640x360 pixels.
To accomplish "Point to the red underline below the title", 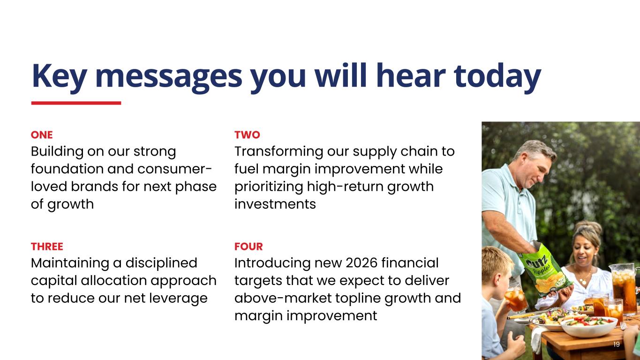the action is point(76,103).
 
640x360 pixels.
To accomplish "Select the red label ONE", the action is point(42,135).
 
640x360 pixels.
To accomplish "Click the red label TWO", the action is point(247,135).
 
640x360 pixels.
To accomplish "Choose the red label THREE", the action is point(47,246).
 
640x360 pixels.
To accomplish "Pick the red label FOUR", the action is point(248,246).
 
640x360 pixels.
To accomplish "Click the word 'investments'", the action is point(275,204).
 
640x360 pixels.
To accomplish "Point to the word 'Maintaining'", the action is point(70,263).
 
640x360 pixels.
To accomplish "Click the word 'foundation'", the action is point(67,169).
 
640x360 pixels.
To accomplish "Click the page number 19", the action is point(616,344).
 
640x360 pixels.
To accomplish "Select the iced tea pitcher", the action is point(624,289).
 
